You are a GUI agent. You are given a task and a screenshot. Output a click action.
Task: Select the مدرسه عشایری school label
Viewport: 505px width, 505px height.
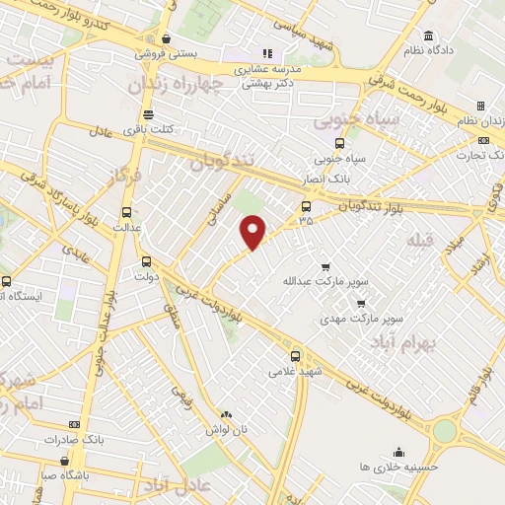(266, 69)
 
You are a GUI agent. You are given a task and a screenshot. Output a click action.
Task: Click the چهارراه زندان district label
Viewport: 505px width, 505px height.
(170, 86)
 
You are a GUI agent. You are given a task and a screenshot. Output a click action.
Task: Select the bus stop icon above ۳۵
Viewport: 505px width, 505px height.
(306, 206)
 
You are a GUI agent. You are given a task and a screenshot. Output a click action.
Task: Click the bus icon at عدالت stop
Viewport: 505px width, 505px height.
(126, 211)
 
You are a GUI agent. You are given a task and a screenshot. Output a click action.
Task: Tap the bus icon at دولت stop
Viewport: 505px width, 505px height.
(146, 261)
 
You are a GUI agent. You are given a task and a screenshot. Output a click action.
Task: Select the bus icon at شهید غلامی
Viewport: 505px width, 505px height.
(296, 356)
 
